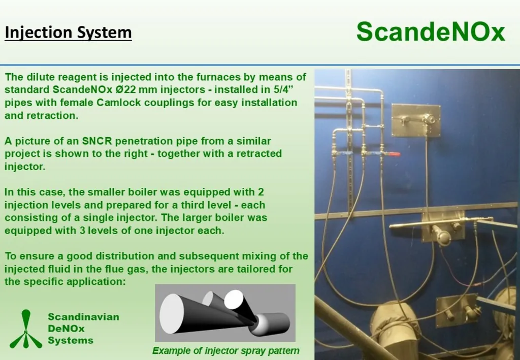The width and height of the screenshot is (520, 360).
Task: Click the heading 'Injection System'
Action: (69, 32)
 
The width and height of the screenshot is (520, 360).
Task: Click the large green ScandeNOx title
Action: (431, 32)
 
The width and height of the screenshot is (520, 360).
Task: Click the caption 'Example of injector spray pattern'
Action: (226, 351)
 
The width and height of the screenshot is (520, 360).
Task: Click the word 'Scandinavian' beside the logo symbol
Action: (84, 317)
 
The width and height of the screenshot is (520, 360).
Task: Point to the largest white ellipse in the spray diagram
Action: (172, 314)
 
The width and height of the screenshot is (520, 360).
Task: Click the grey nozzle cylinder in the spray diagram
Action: (272, 323)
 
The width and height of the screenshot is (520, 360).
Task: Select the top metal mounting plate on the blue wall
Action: (416, 120)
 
